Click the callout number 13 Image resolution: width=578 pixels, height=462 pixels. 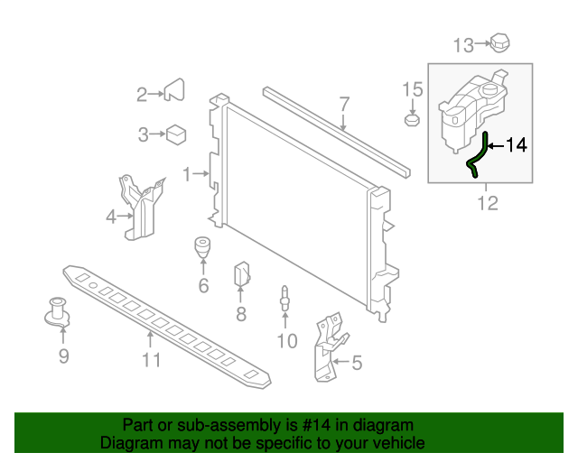(462, 44)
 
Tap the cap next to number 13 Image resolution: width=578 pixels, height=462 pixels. (499, 42)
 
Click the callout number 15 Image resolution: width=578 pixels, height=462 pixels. (412, 88)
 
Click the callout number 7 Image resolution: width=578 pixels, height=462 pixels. (344, 104)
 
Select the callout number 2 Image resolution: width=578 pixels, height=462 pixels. (142, 94)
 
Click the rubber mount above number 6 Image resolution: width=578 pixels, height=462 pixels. (203, 246)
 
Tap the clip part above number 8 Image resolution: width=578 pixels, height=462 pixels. (242, 273)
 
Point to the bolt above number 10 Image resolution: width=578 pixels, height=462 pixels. (286, 298)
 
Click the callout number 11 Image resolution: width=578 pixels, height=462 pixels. (151, 360)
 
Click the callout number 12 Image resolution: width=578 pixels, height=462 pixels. (488, 203)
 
